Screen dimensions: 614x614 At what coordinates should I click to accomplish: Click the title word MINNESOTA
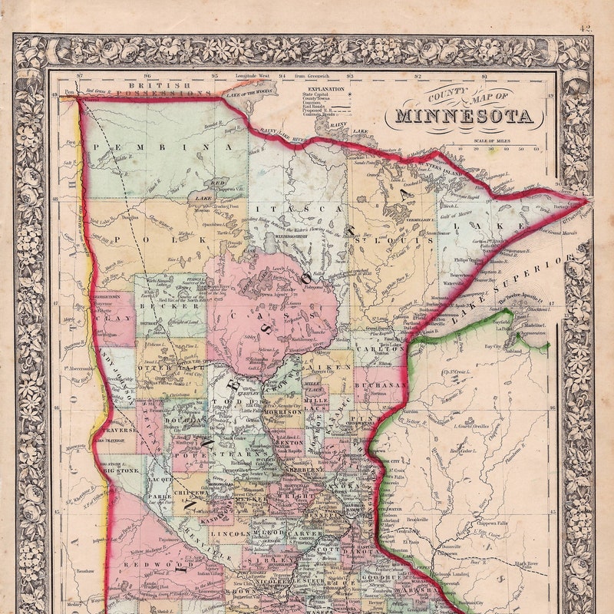[x=464, y=117]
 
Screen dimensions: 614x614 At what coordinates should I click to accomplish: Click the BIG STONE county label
[x=121, y=470]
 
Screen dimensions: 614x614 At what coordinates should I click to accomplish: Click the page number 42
[x=586, y=28]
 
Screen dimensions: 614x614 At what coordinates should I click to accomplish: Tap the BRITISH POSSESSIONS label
[x=169, y=89]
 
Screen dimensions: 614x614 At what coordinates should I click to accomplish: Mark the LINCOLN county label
[x=228, y=531]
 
